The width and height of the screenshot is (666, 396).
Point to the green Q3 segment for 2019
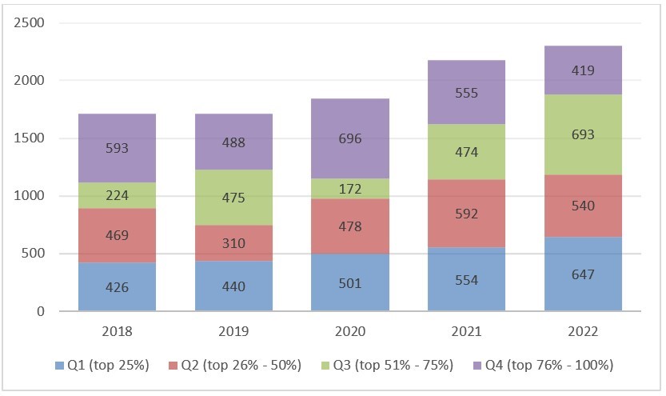(x=233, y=198)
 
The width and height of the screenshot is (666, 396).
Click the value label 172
(x=350, y=190)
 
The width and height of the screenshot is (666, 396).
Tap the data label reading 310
(x=233, y=242)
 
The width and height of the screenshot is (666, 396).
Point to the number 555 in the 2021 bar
(x=466, y=93)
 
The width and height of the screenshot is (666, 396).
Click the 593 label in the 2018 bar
(x=117, y=148)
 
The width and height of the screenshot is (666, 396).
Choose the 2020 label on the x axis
(x=350, y=331)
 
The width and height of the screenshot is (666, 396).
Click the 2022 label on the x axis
(x=583, y=331)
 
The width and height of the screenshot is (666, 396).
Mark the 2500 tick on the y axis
(x=30, y=22)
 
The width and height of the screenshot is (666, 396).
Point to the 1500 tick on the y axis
(x=30, y=138)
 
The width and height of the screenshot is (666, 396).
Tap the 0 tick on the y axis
(x=39, y=311)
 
